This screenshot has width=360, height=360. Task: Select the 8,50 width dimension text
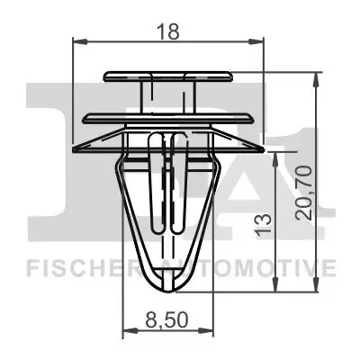pos(167,319)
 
